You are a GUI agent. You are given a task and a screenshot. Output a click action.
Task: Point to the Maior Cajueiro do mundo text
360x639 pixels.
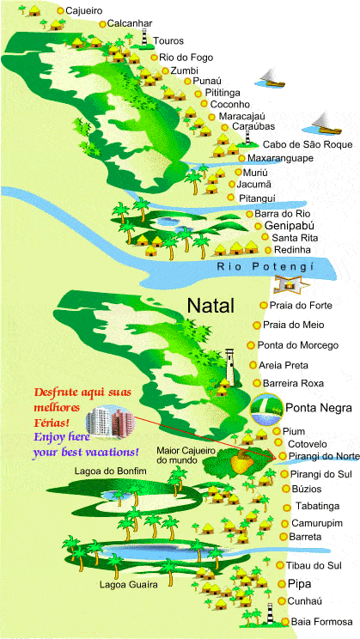point(189,454)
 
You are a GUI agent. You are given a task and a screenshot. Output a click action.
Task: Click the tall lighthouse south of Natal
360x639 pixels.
point(229,366)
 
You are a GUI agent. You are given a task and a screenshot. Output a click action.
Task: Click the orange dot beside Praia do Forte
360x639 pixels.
point(262,306)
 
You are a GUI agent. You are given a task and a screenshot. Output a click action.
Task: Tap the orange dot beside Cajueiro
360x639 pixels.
point(59,11)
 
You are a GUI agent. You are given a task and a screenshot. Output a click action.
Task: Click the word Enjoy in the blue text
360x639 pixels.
point(49,436)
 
